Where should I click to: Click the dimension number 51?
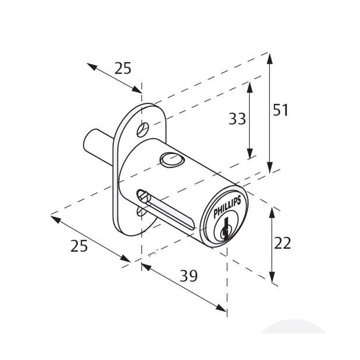[x=280, y=110]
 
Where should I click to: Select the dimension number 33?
[x=237, y=119]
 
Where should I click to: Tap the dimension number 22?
[x=283, y=243]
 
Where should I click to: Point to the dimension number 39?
[x=189, y=276]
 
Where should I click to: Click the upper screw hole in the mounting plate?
[x=144, y=129]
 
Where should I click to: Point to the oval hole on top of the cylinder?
[x=171, y=159]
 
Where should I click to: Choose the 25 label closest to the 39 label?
[x=80, y=246]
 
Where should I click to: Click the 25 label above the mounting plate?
[x=122, y=68]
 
